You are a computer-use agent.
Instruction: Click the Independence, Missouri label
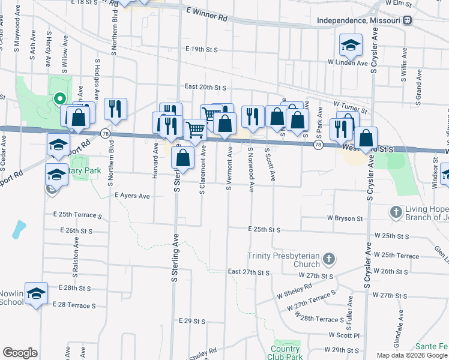click(358, 20)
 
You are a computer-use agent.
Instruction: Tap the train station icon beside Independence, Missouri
click(408, 20)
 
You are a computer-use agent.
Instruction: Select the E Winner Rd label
click(207, 14)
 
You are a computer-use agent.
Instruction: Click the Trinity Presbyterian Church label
click(285, 260)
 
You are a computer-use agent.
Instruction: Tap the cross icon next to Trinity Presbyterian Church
click(328, 259)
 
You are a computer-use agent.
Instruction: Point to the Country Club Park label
click(285, 353)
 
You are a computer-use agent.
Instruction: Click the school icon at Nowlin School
click(36, 293)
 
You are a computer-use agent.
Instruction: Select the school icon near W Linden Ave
click(351, 45)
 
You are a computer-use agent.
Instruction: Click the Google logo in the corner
click(20, 353)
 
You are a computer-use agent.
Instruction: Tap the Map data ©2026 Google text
click(412, 355)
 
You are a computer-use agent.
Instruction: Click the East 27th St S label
click(249, 272)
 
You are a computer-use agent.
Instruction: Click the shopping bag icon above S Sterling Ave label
click(182, 158)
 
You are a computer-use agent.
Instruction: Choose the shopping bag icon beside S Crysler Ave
click(366, 137)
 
